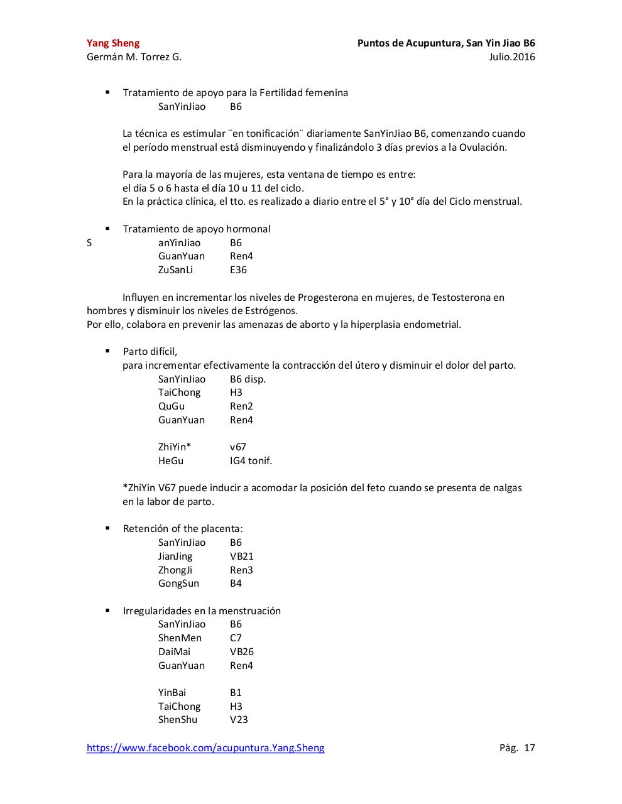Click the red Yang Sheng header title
113,43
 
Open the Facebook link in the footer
205,747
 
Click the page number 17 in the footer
529,747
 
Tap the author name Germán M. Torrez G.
134,57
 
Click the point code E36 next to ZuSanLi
238,270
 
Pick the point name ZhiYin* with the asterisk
175,447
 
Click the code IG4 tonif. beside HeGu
251,461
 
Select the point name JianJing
175,557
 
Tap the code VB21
242,557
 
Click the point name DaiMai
174,652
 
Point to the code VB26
242,652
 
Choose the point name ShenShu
178,720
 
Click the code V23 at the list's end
239,720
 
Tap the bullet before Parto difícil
108,351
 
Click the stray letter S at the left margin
89,243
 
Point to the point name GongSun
178,584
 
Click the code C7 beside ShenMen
236,638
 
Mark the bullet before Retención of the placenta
108,528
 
